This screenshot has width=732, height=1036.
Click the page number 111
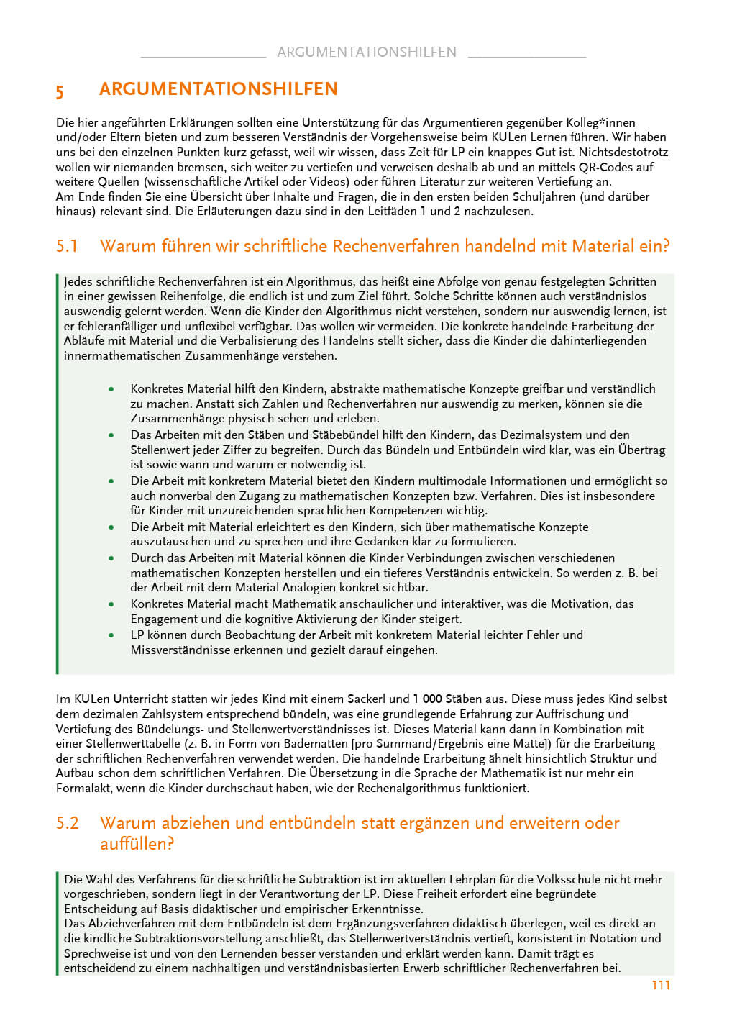coord(661,985)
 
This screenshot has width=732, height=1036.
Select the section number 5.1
coord(67,246)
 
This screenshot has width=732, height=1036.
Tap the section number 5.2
coord(67,823)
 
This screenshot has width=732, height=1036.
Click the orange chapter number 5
coord(60,91)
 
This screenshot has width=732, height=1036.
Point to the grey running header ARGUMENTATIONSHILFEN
coord(366,52)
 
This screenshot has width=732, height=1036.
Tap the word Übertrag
coord(641,450)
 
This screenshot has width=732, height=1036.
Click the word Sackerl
coord(367,699)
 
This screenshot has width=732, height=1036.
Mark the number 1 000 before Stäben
coord(427,699)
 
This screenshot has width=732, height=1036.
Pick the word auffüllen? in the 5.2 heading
coord(137,843)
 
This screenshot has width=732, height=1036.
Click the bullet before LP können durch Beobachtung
coord(111,635)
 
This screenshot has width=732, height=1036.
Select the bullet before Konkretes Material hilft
coord(111,389)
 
